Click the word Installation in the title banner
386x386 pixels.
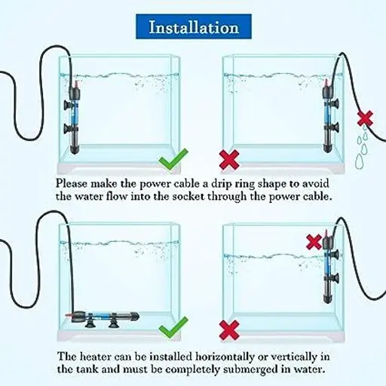click(194, 27)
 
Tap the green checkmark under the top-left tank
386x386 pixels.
click(173, 159)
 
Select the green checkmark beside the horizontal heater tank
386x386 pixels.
click(173, 327)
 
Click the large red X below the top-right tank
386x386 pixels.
click(229, 159)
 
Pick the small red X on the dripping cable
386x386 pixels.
click(365, 118)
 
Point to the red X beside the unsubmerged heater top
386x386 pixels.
click(314, 242)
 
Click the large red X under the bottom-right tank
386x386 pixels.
click(229, 329)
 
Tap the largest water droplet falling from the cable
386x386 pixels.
click(360, 161)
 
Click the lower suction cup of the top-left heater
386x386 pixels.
click(68, 128)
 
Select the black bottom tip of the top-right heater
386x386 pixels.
click(327, 149)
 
